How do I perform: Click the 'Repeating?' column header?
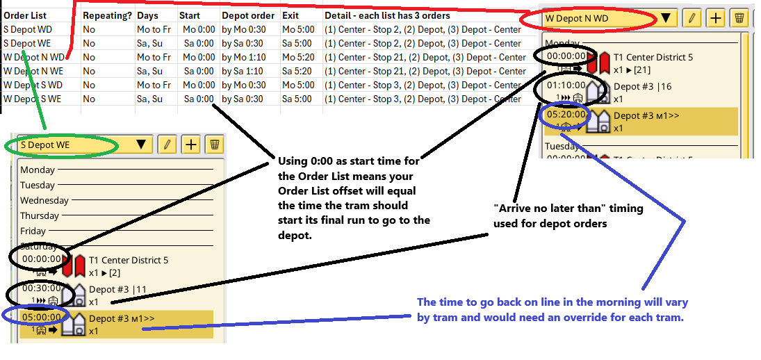107,15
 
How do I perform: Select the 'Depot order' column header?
249,15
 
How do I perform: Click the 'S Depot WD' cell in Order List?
27,29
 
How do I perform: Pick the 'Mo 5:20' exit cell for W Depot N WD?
300,57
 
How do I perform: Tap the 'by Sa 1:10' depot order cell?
243,71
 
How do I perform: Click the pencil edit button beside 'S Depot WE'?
167,145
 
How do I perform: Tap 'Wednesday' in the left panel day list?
44,200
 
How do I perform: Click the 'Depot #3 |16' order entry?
642,86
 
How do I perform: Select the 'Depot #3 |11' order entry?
117,289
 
